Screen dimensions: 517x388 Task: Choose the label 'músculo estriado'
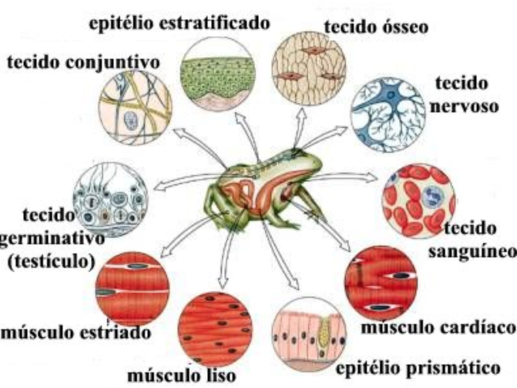(x=76, y=332)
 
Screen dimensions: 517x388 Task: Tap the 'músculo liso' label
(x=181, y=375)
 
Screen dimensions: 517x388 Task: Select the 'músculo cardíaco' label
(x=439, y=327)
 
